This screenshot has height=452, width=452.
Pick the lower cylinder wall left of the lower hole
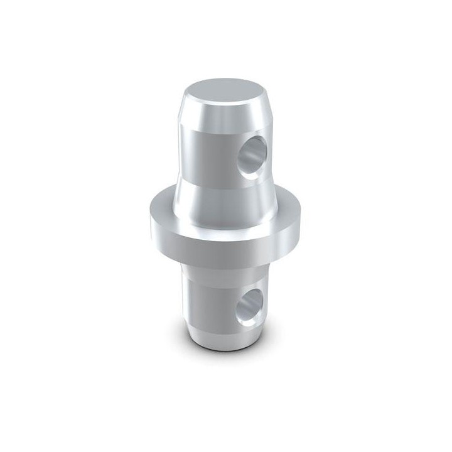[207, 295]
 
